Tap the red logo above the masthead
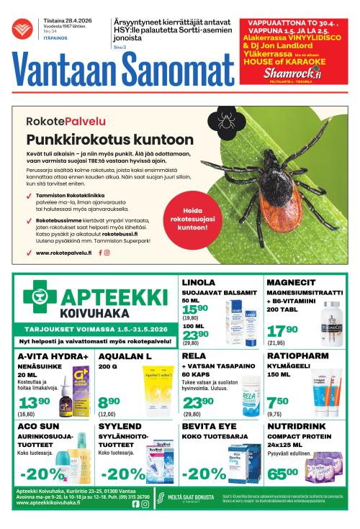coord(27,27)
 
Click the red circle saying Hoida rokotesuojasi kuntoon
coord(186,220)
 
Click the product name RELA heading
coord(193,356)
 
